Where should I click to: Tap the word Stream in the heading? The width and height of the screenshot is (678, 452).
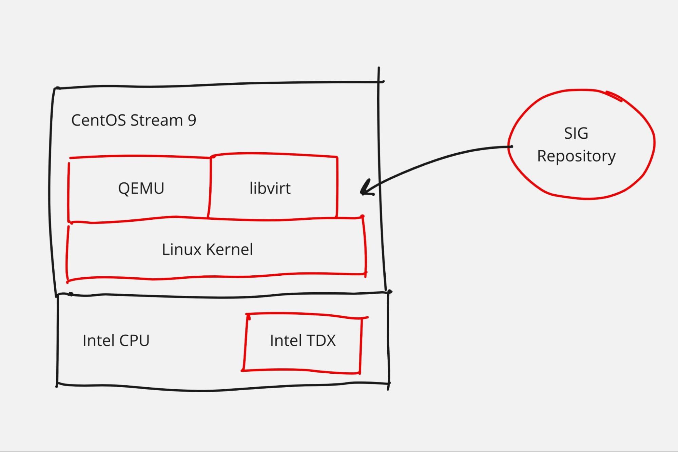[156, 120]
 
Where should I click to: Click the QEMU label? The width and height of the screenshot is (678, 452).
[141, 189]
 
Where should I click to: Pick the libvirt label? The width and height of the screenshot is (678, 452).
[270, 189]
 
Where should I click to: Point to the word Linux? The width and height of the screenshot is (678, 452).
[181, 250]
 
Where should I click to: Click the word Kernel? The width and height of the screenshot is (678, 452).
[230, 250]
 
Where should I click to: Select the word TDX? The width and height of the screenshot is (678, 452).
[320, 340]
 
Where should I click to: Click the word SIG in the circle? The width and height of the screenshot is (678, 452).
[576, 133]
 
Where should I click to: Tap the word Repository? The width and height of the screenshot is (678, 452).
[576, 156]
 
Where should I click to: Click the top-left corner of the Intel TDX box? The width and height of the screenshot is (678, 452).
[247, 315]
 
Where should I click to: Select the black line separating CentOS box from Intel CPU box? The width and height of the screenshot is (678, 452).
[220, 296]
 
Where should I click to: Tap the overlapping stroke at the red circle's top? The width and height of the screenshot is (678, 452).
[614, 96]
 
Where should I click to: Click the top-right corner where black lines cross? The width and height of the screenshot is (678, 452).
[379, 81]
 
